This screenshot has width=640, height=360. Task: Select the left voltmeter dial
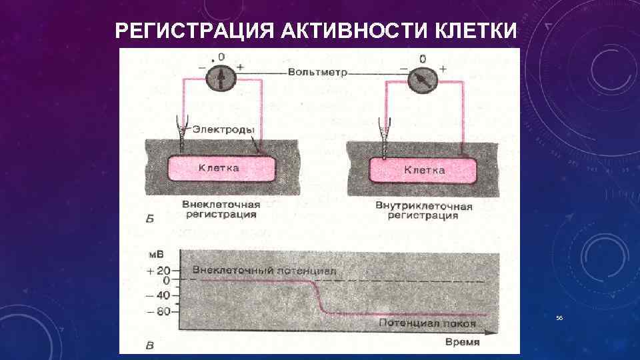click(221, 79)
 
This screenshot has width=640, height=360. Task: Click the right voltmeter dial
click(422, 80)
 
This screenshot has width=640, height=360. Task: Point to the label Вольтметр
click(317, 72)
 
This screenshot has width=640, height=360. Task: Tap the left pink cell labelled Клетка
click(221, 169)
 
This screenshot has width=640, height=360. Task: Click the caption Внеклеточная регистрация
click(221, 209)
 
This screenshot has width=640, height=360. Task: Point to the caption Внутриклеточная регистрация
click(424, 211)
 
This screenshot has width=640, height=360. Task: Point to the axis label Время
click(462, 341)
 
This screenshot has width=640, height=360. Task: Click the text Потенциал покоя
click(427, 323)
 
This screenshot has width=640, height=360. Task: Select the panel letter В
click(150, 345)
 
